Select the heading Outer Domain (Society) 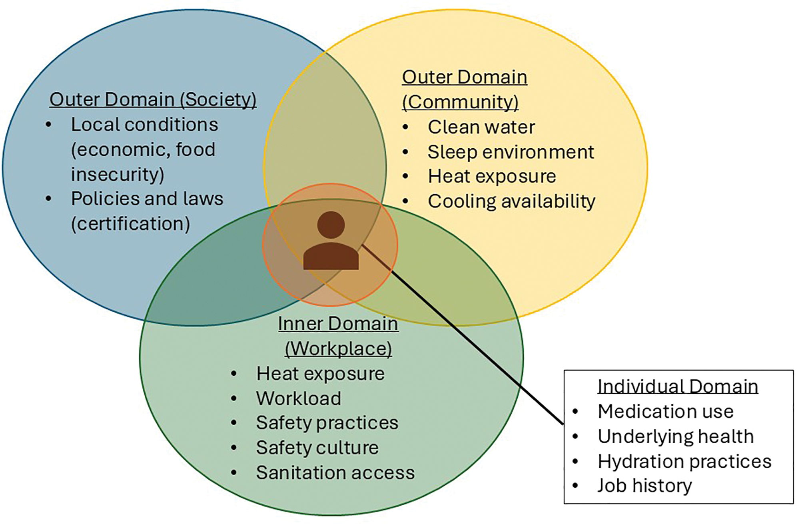[153, 100]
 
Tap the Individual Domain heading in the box [678, 387]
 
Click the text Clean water [481, 128]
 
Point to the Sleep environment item [511, 152]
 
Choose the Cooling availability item [511, 201]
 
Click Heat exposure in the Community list [492, 177]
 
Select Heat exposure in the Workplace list [320, 374]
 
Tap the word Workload [299, 398]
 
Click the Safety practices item [327, 423]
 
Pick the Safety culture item [317, 448]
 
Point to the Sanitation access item [335, 473]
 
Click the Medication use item [665, 412]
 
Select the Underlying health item [675, 436]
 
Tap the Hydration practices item [684, 462]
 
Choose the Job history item [644, 486]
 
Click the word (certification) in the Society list [130, 224]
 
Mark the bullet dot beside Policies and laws [49, 199]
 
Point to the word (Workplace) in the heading [338, 349]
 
